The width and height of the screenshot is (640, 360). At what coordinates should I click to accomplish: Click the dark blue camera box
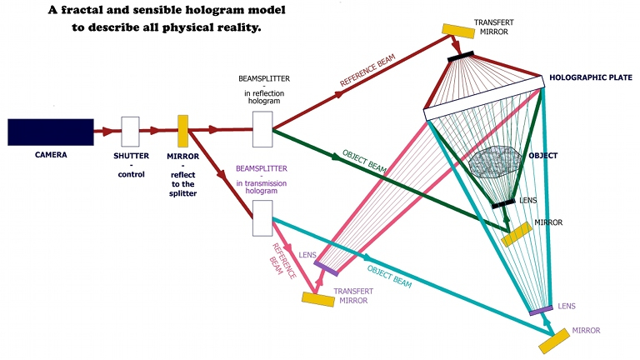point(50,132)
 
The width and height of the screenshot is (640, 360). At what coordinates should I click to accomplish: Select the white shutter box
point(130,131)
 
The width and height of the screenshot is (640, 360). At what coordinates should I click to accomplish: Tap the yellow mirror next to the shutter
point(182,131)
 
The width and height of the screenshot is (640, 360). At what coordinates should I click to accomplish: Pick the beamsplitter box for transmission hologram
point(262,218)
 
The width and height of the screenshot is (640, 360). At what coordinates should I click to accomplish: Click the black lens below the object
point(502,203)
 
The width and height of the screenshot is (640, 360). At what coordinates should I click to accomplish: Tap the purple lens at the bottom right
point(541,311)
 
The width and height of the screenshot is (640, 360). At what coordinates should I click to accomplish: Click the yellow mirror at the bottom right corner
point(557,340)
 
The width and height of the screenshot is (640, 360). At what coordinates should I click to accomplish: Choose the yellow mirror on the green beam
point(517,233)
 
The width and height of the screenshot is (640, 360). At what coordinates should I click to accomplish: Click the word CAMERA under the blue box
point(51,154)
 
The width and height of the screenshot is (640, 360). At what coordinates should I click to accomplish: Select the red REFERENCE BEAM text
point(368,72)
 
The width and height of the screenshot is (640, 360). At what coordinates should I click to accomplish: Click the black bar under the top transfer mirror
point(461,56)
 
